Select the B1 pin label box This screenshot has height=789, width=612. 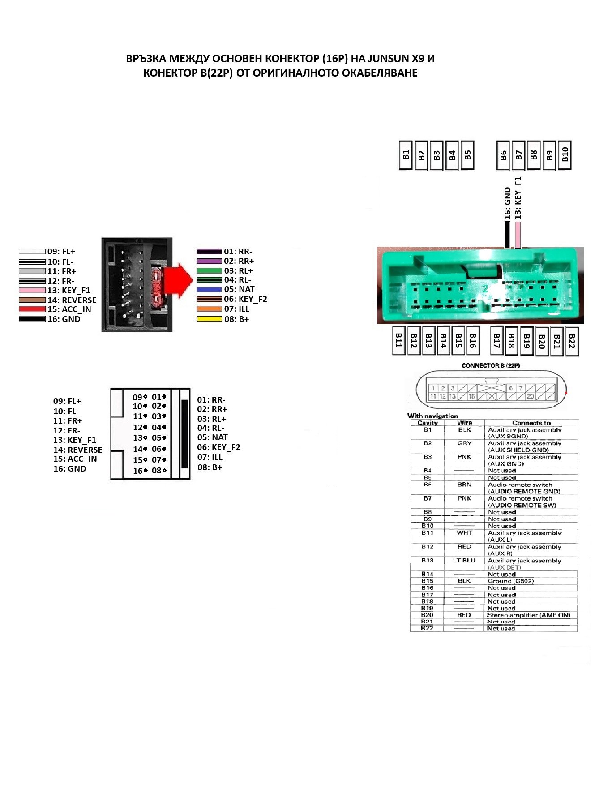pos(405,155)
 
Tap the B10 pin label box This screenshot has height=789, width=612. pos(565,155)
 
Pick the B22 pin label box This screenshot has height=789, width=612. pos(571,342)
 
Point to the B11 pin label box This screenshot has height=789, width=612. pos(398,342)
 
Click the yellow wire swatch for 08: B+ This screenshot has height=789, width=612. pos(209,319)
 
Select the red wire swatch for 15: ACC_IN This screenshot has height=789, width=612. pos(32,309)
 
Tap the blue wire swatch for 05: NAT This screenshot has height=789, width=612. pos(209,290)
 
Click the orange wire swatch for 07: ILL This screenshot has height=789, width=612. pos(209,309)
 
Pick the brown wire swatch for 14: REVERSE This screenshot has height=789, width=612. pos(32,300)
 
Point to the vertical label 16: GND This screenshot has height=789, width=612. pos(508,203)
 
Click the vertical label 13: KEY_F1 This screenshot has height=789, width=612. pos(518,197)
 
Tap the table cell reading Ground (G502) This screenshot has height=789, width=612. pos(510,581)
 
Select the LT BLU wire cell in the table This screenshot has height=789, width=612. pos(464,561)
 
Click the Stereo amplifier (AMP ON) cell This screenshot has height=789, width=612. pos(528,615)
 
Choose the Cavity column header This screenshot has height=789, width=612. pos(428,423)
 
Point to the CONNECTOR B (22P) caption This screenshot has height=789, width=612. pos(491,366)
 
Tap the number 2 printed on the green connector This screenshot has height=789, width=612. pos(485,289)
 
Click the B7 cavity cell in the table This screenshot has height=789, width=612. pos(428,498)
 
